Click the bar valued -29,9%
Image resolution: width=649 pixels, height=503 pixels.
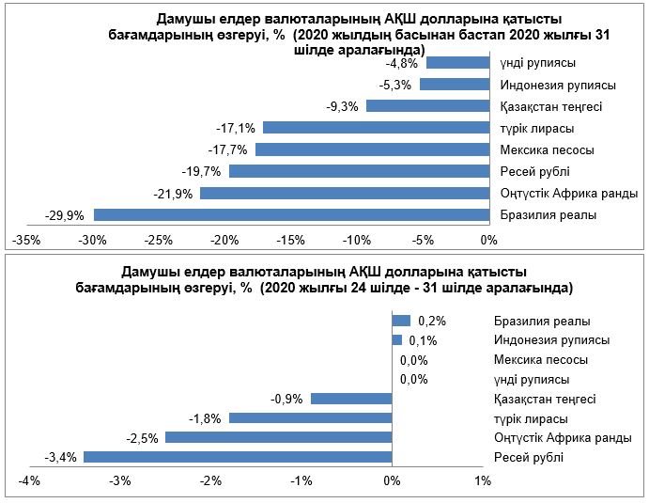point(291,214)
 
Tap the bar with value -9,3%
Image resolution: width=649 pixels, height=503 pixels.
point(427,106)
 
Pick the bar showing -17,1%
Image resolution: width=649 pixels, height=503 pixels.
point(376,128)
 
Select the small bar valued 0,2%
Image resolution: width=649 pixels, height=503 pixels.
point(401,321)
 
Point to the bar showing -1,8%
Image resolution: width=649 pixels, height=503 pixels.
point(310,417)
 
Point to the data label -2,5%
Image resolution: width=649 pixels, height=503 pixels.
point(142,437)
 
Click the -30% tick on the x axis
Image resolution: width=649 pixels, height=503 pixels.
point(92,241)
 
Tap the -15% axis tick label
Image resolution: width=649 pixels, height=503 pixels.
point(290,241)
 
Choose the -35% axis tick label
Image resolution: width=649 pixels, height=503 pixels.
point(26,241)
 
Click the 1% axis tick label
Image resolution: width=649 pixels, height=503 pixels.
point(483,481)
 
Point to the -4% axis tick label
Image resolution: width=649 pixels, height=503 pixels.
point(28,481)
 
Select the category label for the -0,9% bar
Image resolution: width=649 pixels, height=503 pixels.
point(548,399)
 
